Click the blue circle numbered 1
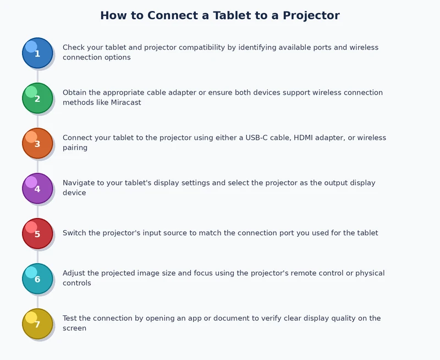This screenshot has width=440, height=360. coord(37,53)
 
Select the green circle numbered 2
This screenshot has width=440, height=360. coord(37,98)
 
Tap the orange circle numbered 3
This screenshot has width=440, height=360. coord(37,143)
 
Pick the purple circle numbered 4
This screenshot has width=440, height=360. coord(37,188)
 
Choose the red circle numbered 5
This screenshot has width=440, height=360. coord(37,233)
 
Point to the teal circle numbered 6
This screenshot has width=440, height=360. coord(37,279)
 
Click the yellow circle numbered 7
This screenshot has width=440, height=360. coord(37,324)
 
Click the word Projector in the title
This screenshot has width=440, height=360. coord(311,15)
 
